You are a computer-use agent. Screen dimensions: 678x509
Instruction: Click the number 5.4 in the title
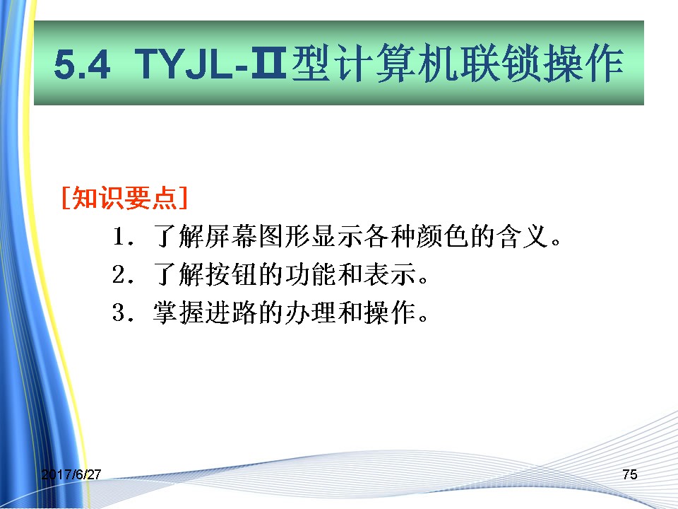pyautogui.click(x=82, y=64)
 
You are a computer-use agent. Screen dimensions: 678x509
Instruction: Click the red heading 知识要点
pyautogui.click(x=124, y=198)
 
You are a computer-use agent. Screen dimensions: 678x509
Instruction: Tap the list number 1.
pyautogui.click(x=122, y=237)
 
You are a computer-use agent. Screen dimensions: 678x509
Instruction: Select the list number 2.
pyautogui.click(x=122, y=274)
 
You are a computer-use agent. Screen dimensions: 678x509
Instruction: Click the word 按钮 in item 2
pyautogui.click(x=232, y=274)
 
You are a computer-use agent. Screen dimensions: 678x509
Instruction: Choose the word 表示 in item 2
pyautogui.click(x=390, y=274)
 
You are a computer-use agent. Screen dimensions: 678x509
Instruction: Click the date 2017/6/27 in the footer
pyautogui.click(x=71, y=474)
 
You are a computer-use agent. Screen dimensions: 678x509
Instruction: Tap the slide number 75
pyautogui.click(x=630, y=474)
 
